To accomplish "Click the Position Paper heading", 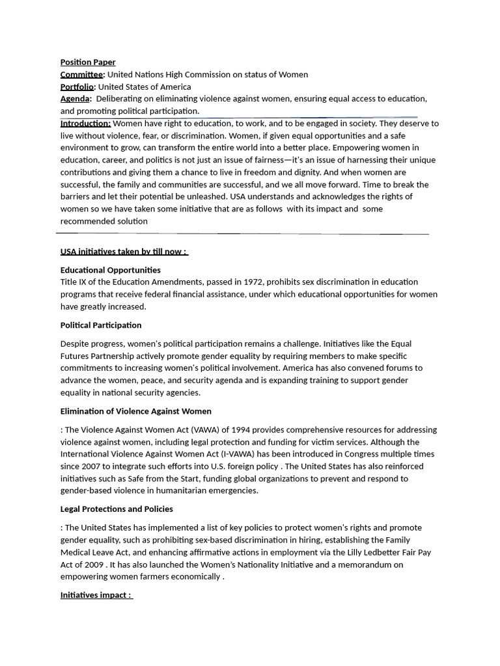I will [88, 62].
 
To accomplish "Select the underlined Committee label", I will [82, 75].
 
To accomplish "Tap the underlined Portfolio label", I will [77, 87].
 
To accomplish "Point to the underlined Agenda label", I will [75, 99].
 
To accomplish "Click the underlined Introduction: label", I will [85, 124].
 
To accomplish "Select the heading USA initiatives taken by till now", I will [124, 252].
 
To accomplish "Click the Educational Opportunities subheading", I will [110, 270].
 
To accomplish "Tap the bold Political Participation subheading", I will [101, 325].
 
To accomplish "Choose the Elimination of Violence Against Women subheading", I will [135, 411].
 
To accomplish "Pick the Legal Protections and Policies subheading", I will [117, 509].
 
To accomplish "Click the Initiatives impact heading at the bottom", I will [96, 595].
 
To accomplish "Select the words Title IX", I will [74, 282].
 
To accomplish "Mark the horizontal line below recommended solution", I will [242, 233].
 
